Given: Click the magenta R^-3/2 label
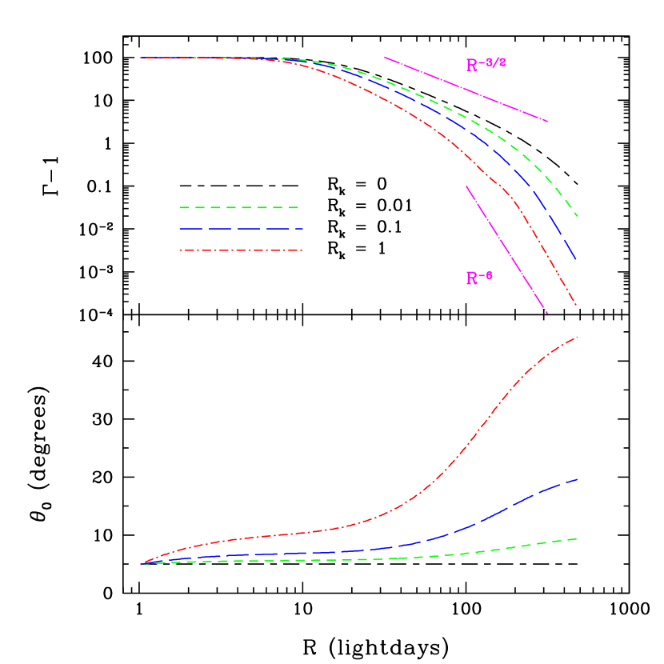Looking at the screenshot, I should click(485, 65).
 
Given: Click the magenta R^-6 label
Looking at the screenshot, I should click(479, 278).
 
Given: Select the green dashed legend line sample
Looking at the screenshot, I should click(239, 207).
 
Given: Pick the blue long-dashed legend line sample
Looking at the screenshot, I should click(240, 229).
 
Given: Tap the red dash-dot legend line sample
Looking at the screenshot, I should click(240, 250).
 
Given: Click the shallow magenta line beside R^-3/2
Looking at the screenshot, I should click(466, 90).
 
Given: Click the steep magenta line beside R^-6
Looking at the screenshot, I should click(506, 250).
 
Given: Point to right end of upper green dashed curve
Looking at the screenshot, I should click(577, 215).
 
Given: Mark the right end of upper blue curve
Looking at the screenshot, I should click(576, 260).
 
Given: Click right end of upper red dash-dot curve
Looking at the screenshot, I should click(576, 305).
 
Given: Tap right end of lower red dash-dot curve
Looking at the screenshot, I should click(577, 337).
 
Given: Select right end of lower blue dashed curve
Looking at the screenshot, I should click(577, 479).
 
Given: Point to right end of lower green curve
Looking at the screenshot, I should click(577, 539).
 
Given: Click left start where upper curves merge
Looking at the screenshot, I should click(142, 58).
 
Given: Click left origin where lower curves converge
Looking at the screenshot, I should click(142, 565).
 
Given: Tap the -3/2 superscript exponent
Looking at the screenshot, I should click(494, 62).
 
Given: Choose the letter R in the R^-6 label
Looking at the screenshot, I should click(472, 279).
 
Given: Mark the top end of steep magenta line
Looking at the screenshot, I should click(466, 186).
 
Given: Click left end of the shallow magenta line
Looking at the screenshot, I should click(385, 57).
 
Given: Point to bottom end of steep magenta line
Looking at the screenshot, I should click(547, 313).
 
